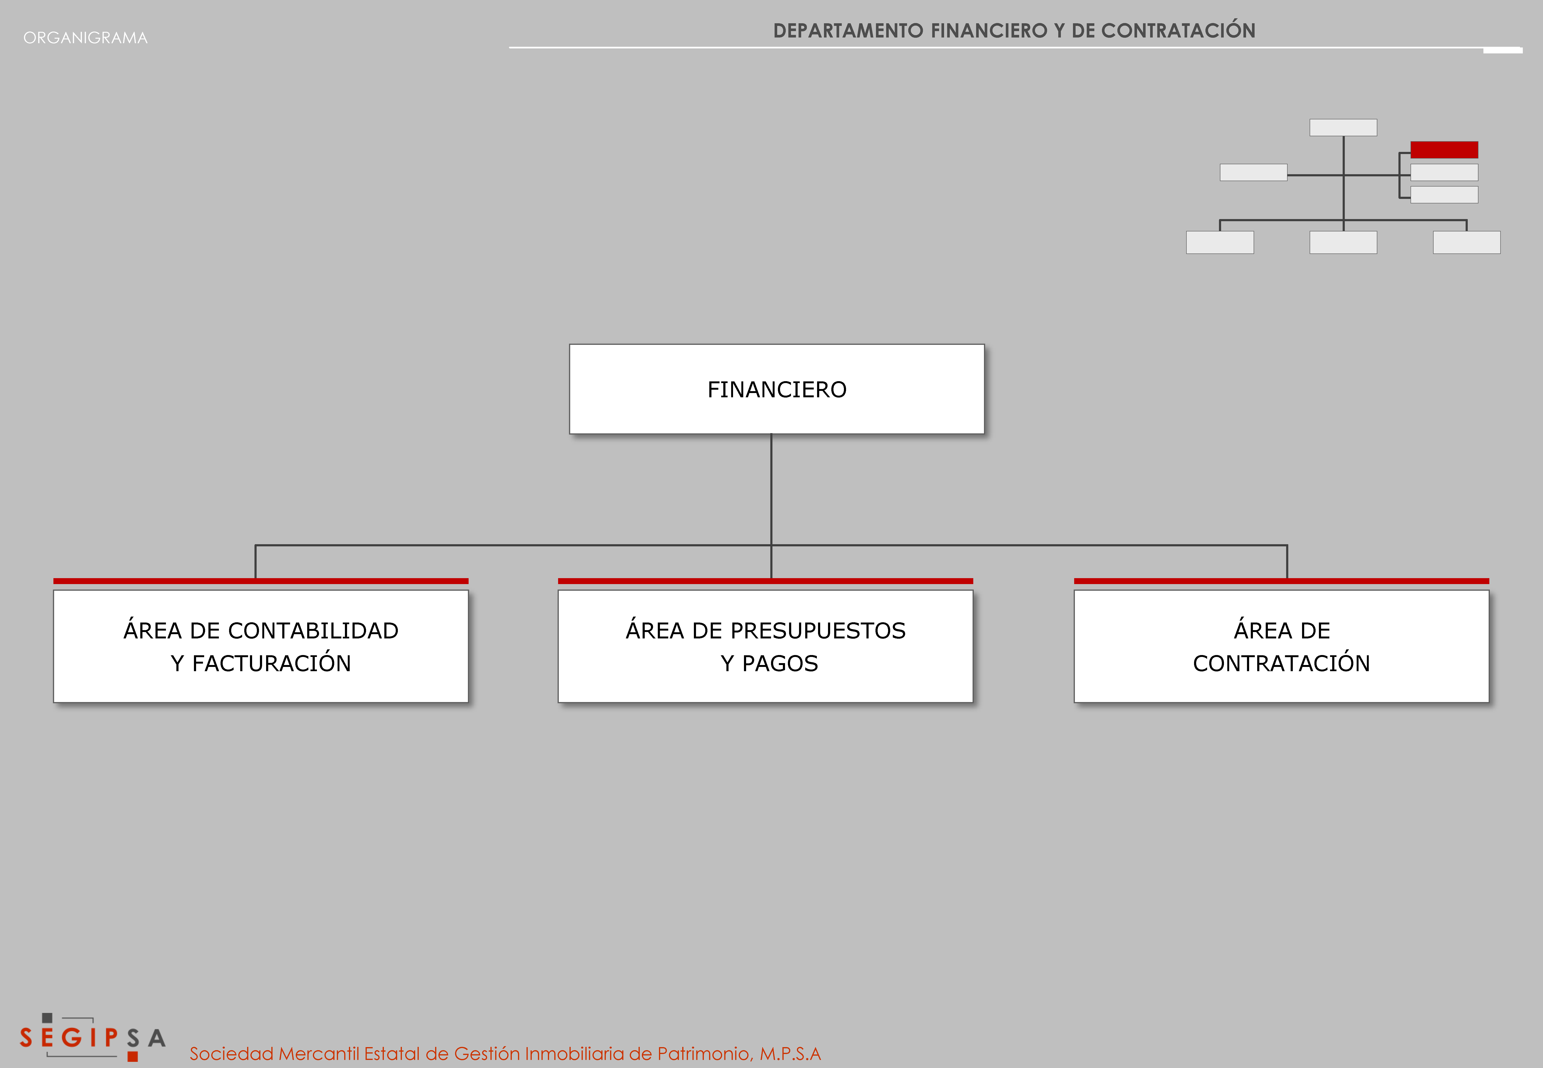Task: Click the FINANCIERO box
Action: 777,389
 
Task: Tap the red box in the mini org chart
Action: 1444,149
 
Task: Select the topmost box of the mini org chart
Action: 1343,127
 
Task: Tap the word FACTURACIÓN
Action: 272,663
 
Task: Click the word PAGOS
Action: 780,663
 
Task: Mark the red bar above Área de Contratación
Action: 1281,581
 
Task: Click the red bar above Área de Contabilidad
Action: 261,581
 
